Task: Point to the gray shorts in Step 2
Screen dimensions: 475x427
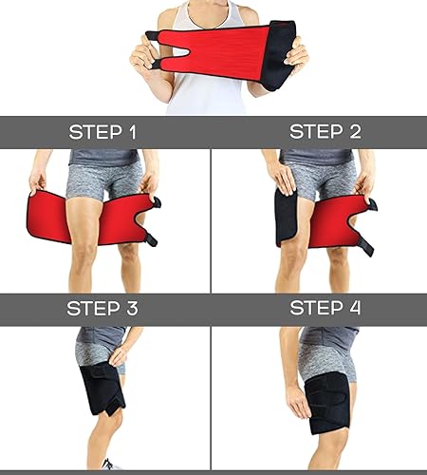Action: (x=318, y=176)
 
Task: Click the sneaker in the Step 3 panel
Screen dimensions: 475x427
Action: (x=111, y=464)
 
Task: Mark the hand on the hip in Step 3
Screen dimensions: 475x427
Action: (x=120, y=356)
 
